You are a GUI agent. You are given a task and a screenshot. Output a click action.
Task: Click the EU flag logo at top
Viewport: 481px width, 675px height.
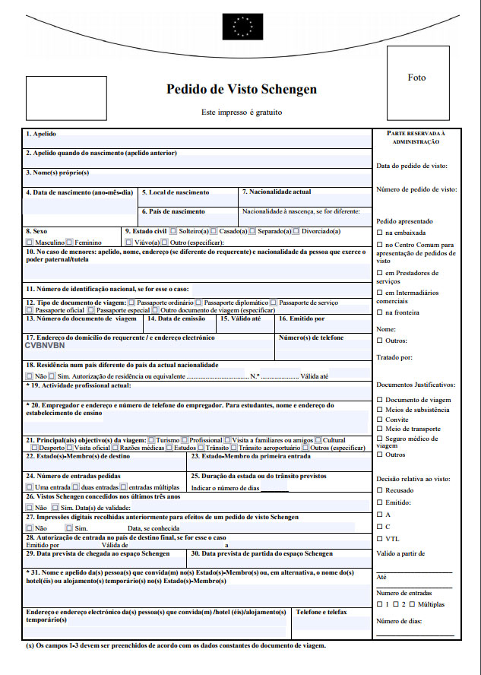242,27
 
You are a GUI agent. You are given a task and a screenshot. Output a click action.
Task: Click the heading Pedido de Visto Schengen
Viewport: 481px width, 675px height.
242,90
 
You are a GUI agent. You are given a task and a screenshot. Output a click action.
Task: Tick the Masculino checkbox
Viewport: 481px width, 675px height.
30,242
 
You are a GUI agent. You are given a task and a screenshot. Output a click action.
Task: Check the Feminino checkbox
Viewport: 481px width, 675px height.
70,242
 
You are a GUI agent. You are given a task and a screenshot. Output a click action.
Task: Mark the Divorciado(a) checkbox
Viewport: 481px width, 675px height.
296,231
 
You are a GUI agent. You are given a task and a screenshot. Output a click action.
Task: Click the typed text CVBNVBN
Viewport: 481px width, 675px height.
46,345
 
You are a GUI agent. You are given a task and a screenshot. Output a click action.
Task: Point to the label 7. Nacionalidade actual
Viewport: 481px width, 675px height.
277,192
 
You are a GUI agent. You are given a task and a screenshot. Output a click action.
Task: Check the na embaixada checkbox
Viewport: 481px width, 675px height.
380,232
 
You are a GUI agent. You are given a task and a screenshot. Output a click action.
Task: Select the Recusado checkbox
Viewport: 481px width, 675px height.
380,490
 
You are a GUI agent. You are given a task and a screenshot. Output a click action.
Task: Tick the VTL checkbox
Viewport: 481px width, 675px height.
380,539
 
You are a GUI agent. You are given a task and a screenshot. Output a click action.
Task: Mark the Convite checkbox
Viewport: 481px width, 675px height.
380,419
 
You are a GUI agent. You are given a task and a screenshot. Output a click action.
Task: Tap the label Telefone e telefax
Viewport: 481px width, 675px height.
321,612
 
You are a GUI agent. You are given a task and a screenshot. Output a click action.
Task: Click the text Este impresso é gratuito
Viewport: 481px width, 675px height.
242,112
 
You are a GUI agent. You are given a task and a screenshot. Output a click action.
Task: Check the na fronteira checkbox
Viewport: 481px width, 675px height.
380,312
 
